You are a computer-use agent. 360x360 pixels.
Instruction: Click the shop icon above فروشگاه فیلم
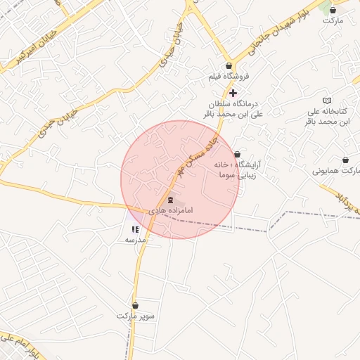pyautogui.click(x=230, y=66)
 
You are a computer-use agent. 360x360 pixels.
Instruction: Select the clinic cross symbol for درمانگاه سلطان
pyautogui.click(x=233, y=93)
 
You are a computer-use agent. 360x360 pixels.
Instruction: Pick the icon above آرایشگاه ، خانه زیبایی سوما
pyautogui.click(x=237, y=154)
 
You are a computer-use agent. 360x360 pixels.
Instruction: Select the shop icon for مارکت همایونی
pyautogui.click(x=345, y=160)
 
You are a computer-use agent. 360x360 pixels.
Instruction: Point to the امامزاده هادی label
pyautogui.click(x=171, y=210)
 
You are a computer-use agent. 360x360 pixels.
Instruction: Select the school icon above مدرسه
pyautogui.click(x=135, y=229)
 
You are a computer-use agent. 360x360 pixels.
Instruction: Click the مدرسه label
pyautogui.click(x=135, y=240)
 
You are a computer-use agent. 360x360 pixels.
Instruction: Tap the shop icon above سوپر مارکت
pyautogui.click(x=135, y=306)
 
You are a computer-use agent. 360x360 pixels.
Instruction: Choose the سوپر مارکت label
pyautogui.click(x=136, y=316)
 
